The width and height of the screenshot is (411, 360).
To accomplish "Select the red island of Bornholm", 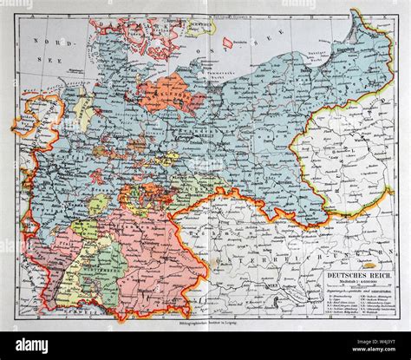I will click(x=228, y=42).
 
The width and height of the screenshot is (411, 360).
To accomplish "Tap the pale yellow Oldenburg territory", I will click(x=85, y=114).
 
